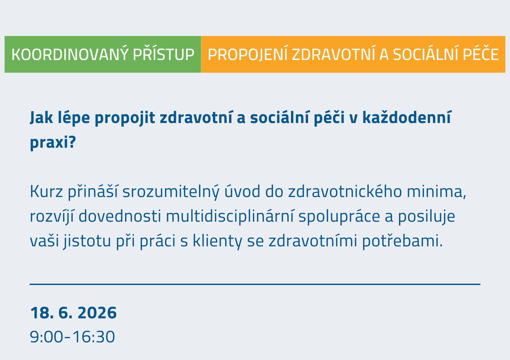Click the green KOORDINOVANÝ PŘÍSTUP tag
pos(103,54)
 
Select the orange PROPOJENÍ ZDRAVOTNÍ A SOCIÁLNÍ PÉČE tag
pos(353,54)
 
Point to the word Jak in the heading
pos(41,117)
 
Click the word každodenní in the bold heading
pos(407,117)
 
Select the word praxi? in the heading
pos(53,143)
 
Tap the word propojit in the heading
pos(125,118)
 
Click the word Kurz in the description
pos(46,191)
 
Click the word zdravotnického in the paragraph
pos(345,191)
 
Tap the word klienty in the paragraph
pos(217,241)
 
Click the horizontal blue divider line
pos(255,284)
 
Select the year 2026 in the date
pos(97,313)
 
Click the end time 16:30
pos(93,337)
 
